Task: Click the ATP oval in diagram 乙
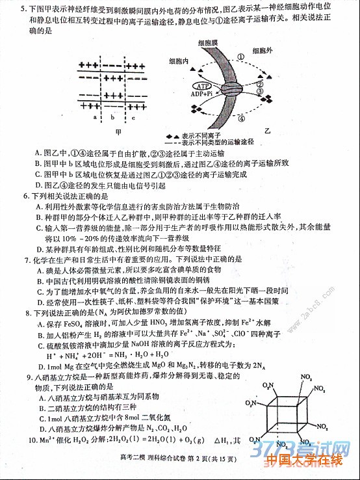coord(202,85)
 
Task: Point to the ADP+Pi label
coord(201,94)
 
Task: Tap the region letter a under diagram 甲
coord(95,118)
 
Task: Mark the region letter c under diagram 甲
coord(133,118)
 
